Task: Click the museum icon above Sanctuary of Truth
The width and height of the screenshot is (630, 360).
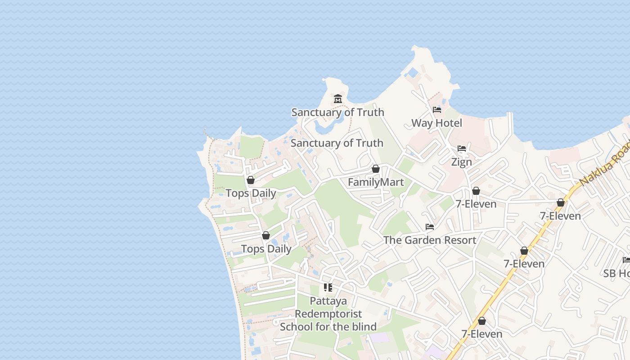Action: point(338,99)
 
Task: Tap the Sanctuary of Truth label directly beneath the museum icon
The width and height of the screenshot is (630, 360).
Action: point(337,112)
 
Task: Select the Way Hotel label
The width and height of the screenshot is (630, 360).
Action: point(436,123)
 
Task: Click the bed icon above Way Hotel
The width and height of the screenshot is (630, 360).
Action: point(436,110)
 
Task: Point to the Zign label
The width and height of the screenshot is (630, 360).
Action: point(461,162)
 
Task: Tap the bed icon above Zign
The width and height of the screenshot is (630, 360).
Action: point(461,148)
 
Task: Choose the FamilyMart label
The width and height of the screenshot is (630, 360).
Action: point(376,182)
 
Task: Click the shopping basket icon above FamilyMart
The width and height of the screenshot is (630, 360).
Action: point(376,169)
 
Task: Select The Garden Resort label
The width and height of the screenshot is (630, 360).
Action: point(429,240)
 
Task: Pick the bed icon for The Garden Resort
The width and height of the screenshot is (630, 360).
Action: point(430,227)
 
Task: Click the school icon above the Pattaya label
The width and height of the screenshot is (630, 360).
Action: point(328,287)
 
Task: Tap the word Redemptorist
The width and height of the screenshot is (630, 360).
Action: point(328,314)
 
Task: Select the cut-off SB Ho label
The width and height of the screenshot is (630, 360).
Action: point(616,273)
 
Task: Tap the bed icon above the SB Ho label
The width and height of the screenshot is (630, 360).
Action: point(626,260)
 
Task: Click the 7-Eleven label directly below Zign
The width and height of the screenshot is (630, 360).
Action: point(476,204)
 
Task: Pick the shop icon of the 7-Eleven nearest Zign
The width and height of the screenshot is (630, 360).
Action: point(476,191)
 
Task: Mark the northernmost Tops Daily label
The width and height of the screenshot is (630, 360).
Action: point(251,193)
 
